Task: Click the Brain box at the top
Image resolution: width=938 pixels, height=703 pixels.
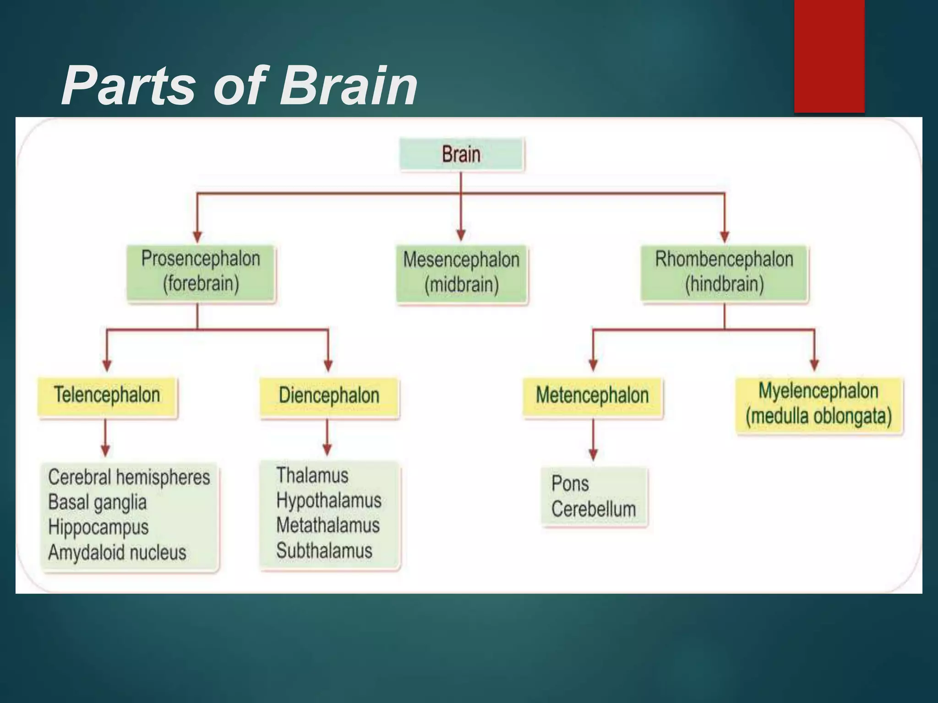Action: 461,154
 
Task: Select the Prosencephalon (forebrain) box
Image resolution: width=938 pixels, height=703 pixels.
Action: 201,272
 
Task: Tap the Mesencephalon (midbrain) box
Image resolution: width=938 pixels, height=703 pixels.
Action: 461,273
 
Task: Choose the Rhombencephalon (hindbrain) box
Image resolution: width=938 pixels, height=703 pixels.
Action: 724,272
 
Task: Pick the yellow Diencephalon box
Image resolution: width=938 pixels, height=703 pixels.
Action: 329,396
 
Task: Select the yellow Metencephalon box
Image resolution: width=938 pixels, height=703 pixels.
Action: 592,396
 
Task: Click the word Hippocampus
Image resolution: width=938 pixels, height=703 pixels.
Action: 98,527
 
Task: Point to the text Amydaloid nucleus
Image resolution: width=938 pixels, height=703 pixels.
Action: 117,552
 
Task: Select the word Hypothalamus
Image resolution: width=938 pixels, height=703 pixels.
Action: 329,500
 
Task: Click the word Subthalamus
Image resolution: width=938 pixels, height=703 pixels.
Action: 324,551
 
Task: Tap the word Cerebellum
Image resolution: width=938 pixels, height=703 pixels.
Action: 594,509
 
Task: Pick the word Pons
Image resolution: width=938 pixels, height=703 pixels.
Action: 570,484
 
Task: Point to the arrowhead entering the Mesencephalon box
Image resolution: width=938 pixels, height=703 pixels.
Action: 461,235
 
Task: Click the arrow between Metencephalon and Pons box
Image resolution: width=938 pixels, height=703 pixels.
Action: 593,439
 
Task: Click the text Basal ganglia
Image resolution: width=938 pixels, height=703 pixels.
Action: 97,503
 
